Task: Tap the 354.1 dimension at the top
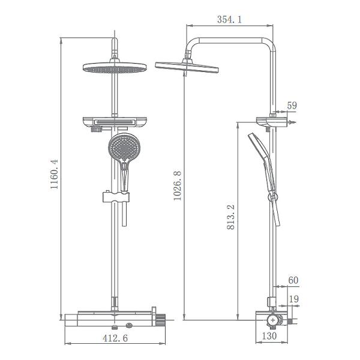[229, 20]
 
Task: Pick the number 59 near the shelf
[292, 106]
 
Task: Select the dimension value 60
[293, 280]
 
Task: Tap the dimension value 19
[293, 298]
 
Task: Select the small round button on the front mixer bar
[129, 324]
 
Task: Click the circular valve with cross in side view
[273, 321]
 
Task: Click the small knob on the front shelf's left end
[95, 128]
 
